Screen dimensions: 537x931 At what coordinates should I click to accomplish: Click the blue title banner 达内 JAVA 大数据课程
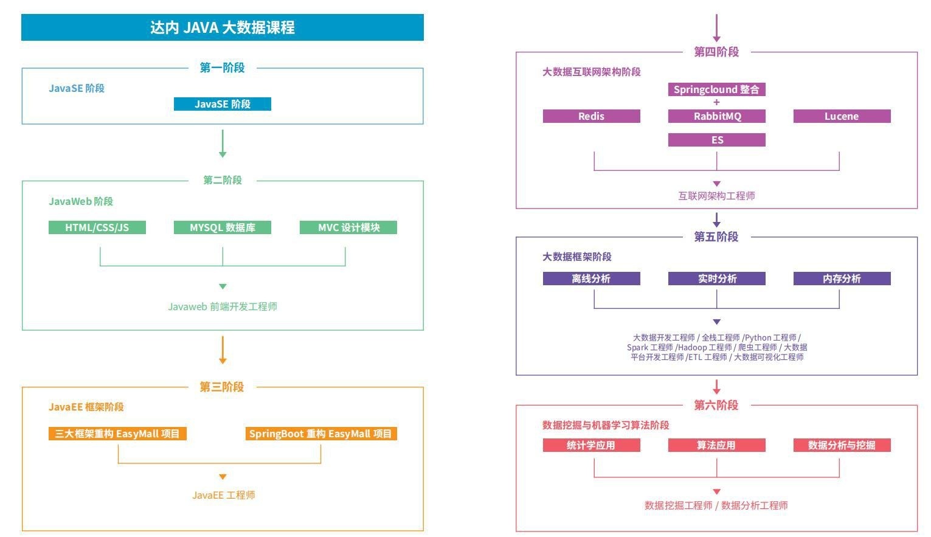coord(222,27)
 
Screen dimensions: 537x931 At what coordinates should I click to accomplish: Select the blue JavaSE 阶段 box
coord(222,104)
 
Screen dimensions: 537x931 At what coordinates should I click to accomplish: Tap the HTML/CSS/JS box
coord(97,227)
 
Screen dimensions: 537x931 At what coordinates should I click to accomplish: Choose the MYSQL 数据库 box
coord(222,227)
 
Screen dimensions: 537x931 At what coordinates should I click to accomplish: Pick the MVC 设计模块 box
coord(348,227)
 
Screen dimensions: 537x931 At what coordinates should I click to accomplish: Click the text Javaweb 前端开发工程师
coord(222,307)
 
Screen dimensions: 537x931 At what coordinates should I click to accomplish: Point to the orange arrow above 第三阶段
coord(223,350)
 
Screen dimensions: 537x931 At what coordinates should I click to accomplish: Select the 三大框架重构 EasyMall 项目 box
coord(117,434)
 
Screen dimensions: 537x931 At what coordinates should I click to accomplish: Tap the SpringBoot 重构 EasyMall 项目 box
coord(320,434)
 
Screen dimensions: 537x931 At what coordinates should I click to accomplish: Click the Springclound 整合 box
coord(716,89)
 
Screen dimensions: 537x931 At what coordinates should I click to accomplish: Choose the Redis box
coord(591,116)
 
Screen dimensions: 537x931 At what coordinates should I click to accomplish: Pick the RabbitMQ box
coord(716,116)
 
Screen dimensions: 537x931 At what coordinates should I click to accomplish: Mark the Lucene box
coord(842,116)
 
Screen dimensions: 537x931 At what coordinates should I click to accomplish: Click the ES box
coord(716,140)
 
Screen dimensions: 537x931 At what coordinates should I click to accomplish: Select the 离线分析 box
coord(591,279)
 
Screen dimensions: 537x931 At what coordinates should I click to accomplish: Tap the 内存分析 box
coord(842,279)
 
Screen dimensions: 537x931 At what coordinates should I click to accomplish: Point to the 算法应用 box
coord(716,445)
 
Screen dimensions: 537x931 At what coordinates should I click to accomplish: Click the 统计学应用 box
coord(591,445)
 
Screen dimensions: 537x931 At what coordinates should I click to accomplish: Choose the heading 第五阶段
coord(716,237)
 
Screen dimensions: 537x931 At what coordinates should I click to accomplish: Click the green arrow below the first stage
coord(223,144)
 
